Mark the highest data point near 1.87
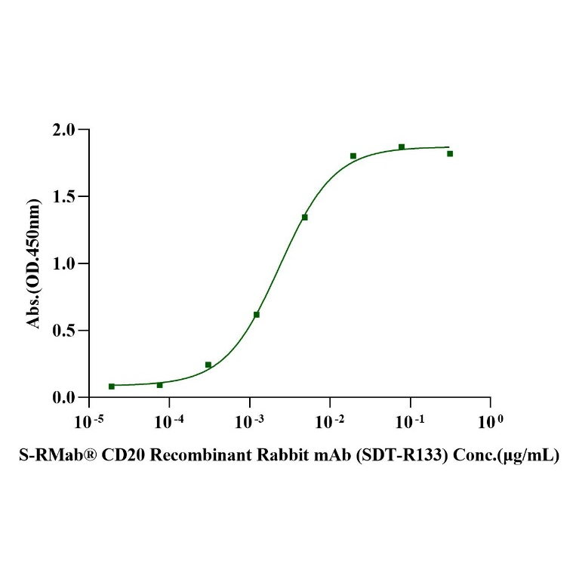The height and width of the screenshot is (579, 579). coord(402,146)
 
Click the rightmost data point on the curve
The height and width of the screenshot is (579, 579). coord(450,153)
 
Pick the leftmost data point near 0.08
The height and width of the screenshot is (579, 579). coord(112,387)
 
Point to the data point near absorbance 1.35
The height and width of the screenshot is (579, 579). coord(305,217)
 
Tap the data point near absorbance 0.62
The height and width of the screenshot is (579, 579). coord(257,314)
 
